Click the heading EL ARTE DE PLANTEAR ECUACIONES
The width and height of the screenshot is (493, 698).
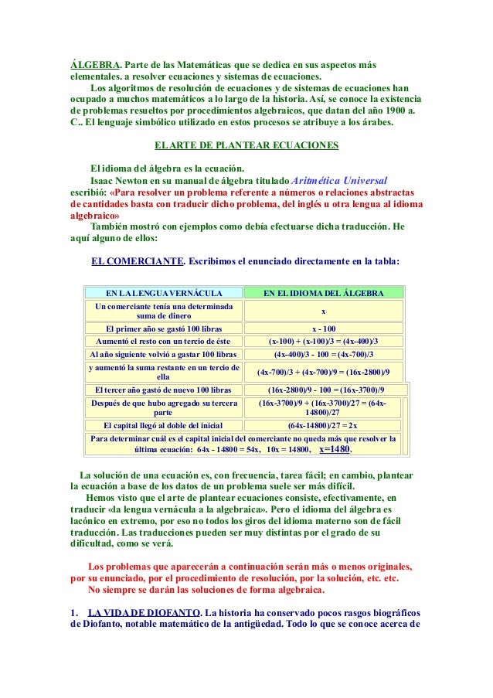[246, 145]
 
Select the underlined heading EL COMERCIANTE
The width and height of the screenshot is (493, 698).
[137, 260]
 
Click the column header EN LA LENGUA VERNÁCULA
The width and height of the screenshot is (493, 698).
[164, 294]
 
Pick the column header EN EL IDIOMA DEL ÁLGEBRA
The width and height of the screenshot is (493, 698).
[323, 294]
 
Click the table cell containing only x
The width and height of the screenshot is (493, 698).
[323, 311]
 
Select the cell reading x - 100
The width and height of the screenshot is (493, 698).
[323, 329]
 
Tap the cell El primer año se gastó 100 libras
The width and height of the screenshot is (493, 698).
[163, 329]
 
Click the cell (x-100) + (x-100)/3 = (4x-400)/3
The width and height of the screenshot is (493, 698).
[323, 341]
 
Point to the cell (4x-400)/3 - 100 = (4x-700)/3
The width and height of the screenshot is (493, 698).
[323, 355]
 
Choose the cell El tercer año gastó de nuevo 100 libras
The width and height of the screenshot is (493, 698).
[163, 390]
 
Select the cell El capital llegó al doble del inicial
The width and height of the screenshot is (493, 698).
[163, 425]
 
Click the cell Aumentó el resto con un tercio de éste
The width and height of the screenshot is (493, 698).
[163, 341]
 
